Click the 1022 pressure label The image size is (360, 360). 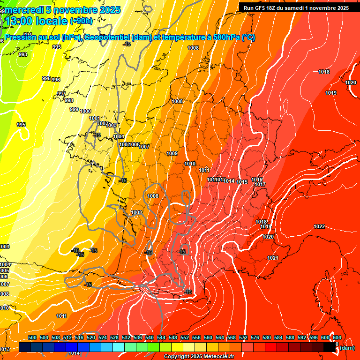[x=319, y=226]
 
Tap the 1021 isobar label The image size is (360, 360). [x=273, y=258]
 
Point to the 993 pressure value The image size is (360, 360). [x=23, y=54]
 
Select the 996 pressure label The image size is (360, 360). [x=56, y=80]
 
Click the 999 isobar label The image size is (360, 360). [x=74, y=109]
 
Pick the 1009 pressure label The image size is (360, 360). [x=172, y=153]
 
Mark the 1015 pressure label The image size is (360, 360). [x=242, y=182]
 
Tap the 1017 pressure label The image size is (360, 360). [x=261, y=184]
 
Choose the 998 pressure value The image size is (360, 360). [x=69, y=100]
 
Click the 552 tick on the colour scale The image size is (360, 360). [x=185, y=337]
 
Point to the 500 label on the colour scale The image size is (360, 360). [x=32, y=337]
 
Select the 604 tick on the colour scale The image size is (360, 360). [x=337, y=337]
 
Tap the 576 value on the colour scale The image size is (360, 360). [x=255, y=337]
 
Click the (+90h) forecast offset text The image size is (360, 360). [x=81, y=21]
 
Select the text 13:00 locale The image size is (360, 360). [x=36, y=21]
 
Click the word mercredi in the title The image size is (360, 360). [x=23, y=10]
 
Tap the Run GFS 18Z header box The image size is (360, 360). [x=296, y=8]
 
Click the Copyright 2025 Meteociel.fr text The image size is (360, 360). [x=199, y=357]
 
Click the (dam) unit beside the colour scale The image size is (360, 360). [x=347, y=347]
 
